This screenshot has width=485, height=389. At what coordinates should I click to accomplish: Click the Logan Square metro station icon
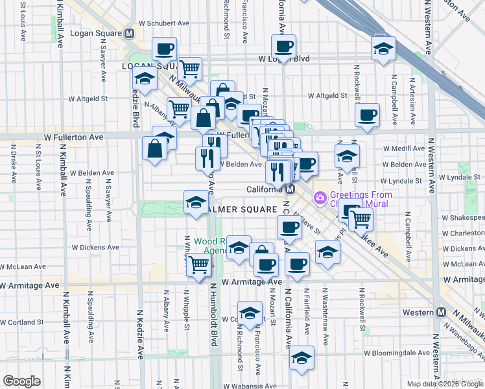(130, 33)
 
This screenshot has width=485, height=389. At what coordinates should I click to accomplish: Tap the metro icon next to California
(291, 189)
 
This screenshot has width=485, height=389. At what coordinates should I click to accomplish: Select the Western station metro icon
(442, 312)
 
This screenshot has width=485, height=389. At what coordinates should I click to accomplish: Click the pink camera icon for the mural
(320, 196)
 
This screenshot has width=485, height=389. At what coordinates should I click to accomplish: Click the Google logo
(21, 381)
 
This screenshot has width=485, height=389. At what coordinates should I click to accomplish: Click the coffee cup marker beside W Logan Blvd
(283, 47)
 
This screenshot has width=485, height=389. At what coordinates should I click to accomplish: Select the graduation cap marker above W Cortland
(250, 313)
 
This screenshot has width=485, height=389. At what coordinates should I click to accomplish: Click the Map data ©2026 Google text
(444, 383)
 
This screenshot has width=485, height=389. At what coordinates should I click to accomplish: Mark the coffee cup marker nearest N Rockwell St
(368, 115)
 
